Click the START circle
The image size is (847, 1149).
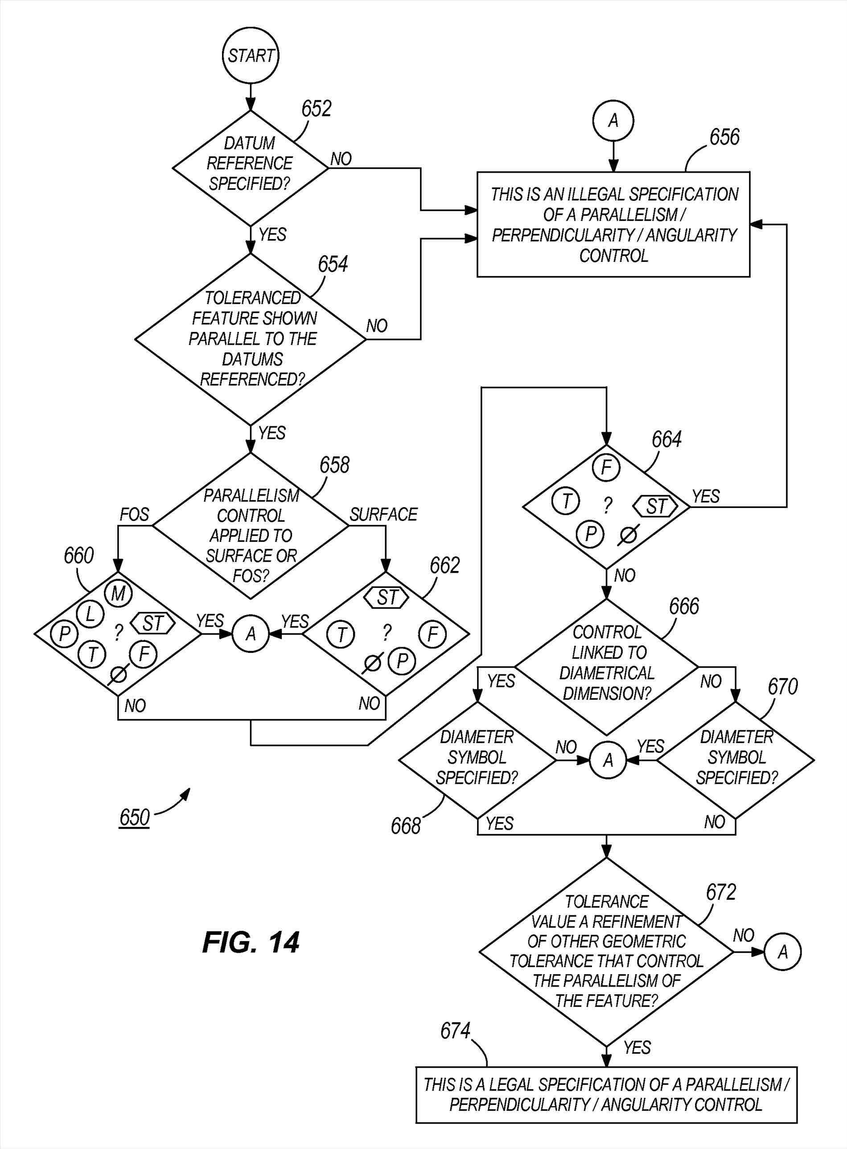[250, 55]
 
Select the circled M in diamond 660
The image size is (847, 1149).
[118, 594]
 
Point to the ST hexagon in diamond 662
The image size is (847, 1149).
[387, 598]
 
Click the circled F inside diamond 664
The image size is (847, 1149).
[606, 467]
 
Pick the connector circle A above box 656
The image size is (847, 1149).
[613, 121]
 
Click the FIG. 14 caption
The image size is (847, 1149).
[250, 943]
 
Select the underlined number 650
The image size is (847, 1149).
[134, 817]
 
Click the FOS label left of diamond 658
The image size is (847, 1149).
[134, 514]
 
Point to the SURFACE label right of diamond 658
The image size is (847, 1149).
[383, 514]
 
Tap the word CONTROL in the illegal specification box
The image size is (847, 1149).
[614, 256]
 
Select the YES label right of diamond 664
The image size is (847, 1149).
[706, 496]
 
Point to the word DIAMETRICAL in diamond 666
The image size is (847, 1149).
[607, 673]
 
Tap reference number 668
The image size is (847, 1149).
[406, 827]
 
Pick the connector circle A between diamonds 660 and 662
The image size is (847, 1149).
[250, 635]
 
